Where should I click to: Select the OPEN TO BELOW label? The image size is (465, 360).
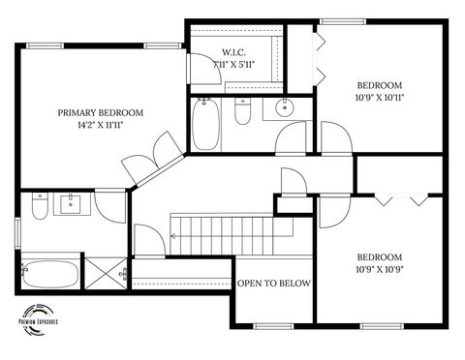pyautogui.click(x=274, y=284)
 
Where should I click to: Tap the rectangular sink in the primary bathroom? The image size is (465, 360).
pyautogui.click(x=71, y=204)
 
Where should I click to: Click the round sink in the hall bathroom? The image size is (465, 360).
pyautogui.click(x=284, y=107)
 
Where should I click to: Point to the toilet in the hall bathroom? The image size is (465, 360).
pyautogui.click(x=243, y=113)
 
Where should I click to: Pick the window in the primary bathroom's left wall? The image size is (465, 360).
pyautogui.click(x=17, y=236)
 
